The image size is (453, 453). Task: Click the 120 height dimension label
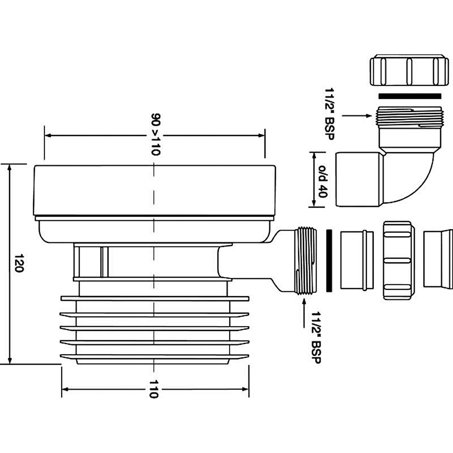click(19, 263)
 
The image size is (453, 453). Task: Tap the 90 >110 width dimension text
click(155, 135)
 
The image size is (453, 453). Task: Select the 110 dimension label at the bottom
click(154, 389)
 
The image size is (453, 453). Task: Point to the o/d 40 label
click(323, 182)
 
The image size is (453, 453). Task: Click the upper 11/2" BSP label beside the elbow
click(329, 114)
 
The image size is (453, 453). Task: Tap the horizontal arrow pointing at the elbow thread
click(357, 116)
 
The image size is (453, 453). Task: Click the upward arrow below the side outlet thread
click(304, 313)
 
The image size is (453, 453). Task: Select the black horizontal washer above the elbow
click(410, 96)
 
